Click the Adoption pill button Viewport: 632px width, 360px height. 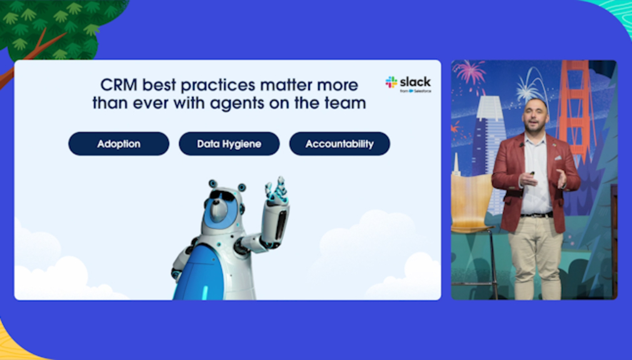click(119, 144)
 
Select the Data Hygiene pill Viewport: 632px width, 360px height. click(229, 144)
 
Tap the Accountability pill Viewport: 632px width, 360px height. click(340, 144)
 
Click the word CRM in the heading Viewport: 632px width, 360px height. click(119, 85)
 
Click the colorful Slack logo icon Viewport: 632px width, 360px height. click(391, 82)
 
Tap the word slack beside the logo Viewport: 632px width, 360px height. click(416, 82)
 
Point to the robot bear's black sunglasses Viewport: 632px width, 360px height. click(223, 196)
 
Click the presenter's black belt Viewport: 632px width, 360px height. click(536, 215)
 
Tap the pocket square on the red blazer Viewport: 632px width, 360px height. click(558, 158)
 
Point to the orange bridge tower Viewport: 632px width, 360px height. click(574, 109)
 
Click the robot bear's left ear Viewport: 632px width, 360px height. click(213, 184)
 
